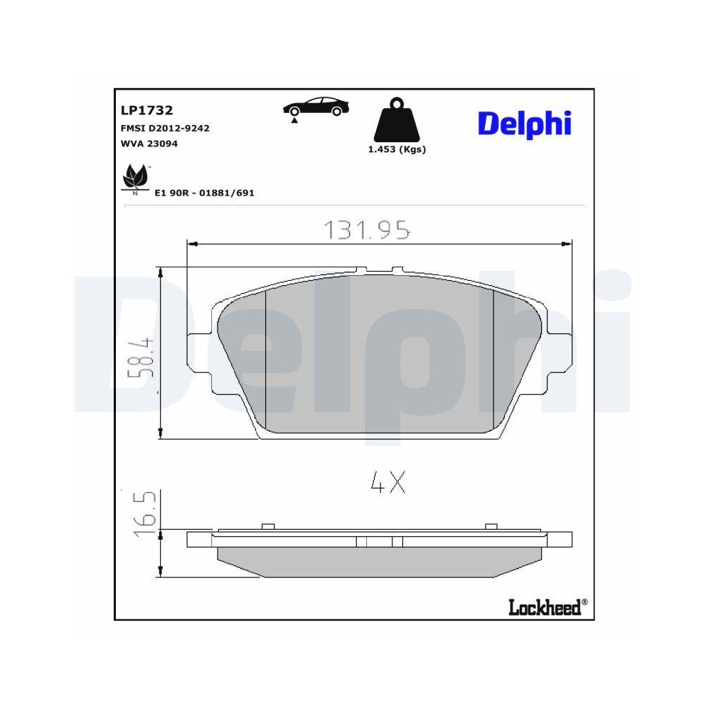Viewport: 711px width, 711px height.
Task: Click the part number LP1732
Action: point(147,110)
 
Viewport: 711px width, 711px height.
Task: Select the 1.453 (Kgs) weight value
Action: point(396,149)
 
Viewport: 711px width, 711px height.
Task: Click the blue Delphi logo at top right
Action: point(525,124)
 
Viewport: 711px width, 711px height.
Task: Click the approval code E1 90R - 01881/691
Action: point(204,193)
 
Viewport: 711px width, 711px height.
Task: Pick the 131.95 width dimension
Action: point(366,230)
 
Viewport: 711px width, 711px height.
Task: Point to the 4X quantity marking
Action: point(387,483)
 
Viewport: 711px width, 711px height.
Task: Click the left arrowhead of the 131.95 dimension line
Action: point(191,244)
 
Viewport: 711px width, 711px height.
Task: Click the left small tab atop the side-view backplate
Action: point(268,526)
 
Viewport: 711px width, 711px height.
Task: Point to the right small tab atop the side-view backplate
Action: point(490,526)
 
